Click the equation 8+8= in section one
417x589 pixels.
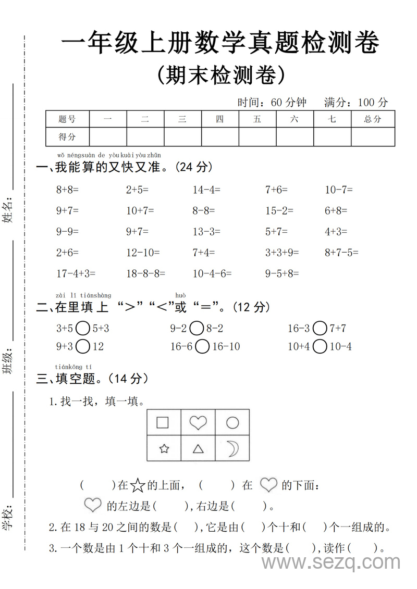coord(67,190)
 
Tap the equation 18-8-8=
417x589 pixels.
coord(145,273)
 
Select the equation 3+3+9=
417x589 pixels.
coord(282,253)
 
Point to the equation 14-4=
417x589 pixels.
coord(206,190)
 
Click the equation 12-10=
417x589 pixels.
coord(143,253)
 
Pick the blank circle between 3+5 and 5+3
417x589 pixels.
coord(83,328)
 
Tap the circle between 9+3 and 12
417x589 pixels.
coord(83,346)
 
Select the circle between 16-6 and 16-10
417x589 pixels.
coord(203,346)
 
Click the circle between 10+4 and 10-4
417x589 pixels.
coord(320,346)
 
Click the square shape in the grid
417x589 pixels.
coord(163,422)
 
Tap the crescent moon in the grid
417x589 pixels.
coord(232,448)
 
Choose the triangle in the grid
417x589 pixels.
coord(198,448)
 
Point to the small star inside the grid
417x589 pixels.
coord(164,448)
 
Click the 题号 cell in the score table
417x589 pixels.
coord(67,119)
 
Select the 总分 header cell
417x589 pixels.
coord(373,119)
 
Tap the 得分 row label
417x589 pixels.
coord(67,137)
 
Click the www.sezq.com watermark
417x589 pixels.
coord(330,562)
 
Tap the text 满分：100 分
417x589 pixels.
coord(356,102)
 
